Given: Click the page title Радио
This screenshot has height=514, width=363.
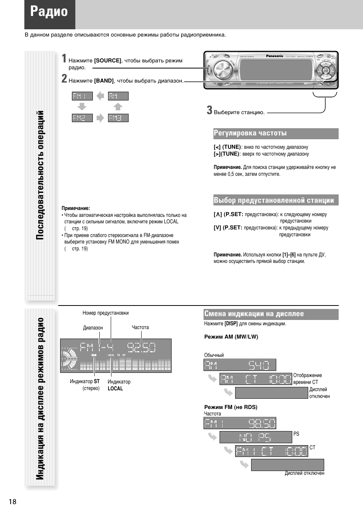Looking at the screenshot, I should tap(49, 12).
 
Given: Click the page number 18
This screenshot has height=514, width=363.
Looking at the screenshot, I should tap(13, 501).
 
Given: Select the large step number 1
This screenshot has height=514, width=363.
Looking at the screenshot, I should tap(64, 58).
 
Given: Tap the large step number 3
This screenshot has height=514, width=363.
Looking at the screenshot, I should tap(209, 110).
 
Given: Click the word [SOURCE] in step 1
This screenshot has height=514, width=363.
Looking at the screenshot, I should tap(108, 60).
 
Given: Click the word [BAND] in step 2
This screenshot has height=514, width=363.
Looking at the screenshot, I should tap(104, 81).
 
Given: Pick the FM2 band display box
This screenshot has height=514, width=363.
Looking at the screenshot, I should tap(82, 118).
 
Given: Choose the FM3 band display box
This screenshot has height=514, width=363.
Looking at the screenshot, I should tap(118, 118).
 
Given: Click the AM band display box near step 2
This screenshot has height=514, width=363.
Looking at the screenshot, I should tap(118, 96).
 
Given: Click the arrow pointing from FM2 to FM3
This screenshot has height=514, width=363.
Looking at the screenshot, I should tap(100, 118).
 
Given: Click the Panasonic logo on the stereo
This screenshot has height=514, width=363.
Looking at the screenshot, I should tap(274, 56).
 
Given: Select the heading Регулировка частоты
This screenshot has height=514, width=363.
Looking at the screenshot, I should tap(250, 133).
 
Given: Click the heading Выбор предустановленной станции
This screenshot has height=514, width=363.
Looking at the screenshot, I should tap(274, 201).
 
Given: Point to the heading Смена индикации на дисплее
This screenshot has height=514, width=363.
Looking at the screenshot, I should tap(254, 314).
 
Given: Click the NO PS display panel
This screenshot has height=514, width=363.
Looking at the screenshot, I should tap(255, 437).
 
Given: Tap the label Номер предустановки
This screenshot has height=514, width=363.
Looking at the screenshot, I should tap(105, 313).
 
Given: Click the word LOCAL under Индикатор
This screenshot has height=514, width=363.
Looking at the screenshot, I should tap(115, 388).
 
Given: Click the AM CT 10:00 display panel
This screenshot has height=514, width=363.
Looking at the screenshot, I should tap(255, 379).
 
